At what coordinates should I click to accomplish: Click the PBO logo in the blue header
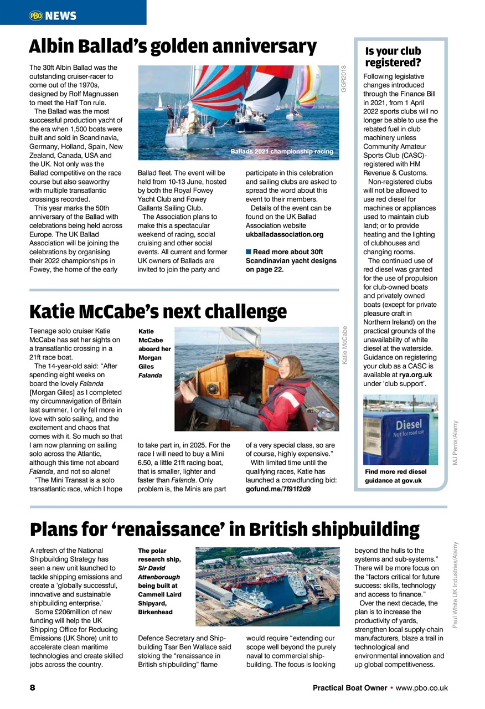tap(36, 16)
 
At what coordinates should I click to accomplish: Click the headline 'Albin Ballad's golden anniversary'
tap(172, 47)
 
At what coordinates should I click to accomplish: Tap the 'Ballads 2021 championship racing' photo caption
tap(282, 151)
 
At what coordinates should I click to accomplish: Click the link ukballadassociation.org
tap(284, 234)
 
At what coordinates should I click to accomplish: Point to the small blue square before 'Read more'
tap(249, 253)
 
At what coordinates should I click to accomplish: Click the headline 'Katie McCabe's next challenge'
tap(158, 312)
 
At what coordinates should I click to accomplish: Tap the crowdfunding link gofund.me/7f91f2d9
tap(277, 489)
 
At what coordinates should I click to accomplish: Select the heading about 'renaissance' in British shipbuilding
tap(224, 530)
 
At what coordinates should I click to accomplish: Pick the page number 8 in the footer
tap(33, 687)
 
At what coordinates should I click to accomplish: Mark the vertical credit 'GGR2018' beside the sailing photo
tap(343, 79)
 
